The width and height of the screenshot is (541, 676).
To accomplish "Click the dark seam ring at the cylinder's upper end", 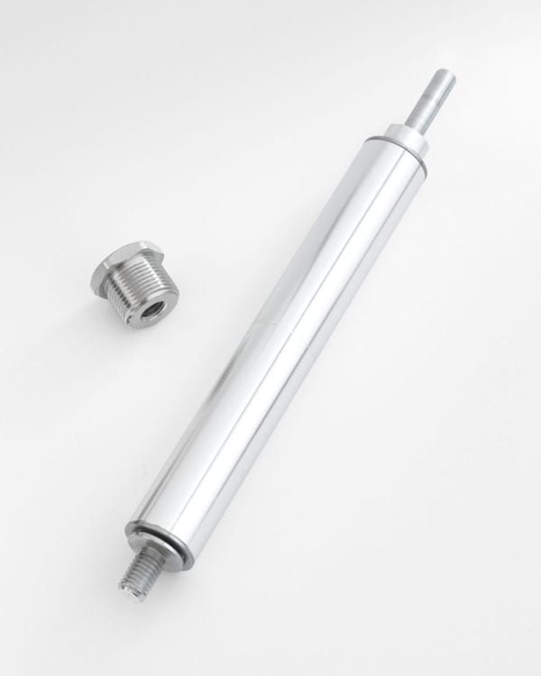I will click(390, 144).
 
